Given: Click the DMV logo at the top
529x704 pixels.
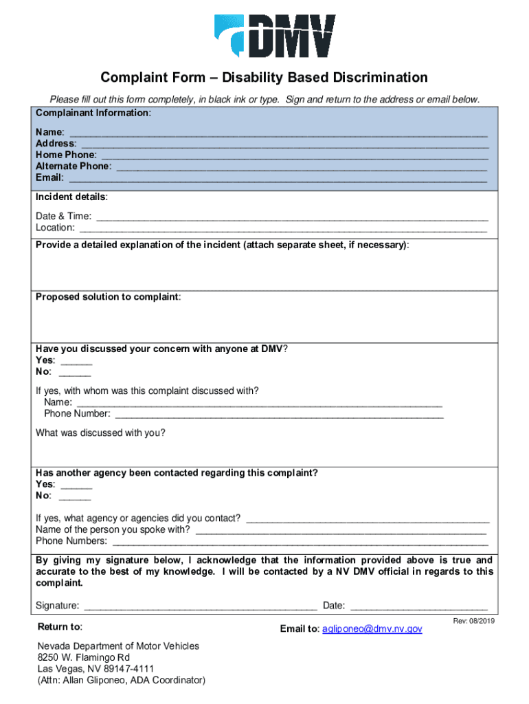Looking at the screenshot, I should [275, 36].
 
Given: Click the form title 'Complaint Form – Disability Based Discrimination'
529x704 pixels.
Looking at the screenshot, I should [264, 78].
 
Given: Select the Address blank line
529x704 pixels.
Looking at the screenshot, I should [284, 144].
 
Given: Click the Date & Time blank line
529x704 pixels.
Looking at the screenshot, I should [292, 217].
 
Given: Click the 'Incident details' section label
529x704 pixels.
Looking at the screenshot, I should [71, 197].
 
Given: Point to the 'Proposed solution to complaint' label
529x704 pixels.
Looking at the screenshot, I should [108, 297].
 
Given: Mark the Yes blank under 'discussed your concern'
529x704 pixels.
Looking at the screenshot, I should [76, 361].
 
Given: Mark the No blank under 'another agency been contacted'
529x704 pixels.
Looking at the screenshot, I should [75, 496].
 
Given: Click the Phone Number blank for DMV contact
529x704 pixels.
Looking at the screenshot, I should [279, 415].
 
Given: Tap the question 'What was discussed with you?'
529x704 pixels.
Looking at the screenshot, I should [100, 433].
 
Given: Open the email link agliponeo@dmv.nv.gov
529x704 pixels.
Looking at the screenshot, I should [372, 629].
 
